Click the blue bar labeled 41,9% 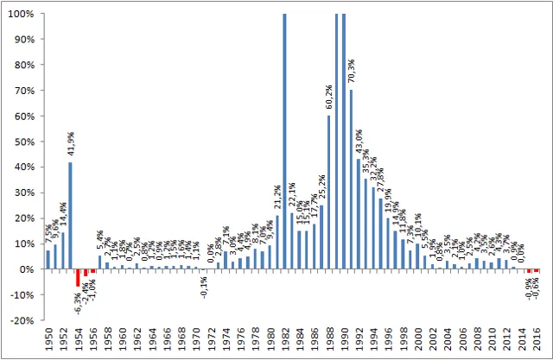click(x=70, y=215)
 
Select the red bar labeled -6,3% click(x=78, y=277)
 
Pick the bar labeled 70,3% click(x=351, y=179)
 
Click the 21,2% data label click(x=277, y=199)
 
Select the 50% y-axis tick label click(x=26, y=142)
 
